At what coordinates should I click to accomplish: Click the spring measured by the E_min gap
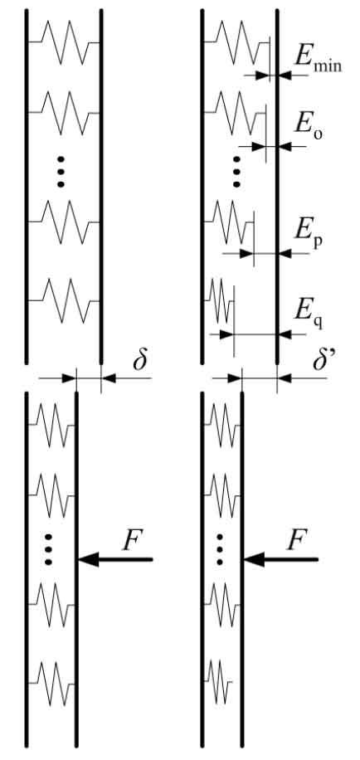(236, 42)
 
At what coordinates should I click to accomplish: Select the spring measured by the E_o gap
(235, 113)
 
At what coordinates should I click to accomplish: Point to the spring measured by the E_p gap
(229, 222)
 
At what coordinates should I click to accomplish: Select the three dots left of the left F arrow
(48, 549)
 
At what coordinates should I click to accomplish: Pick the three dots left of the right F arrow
(220, 549)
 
